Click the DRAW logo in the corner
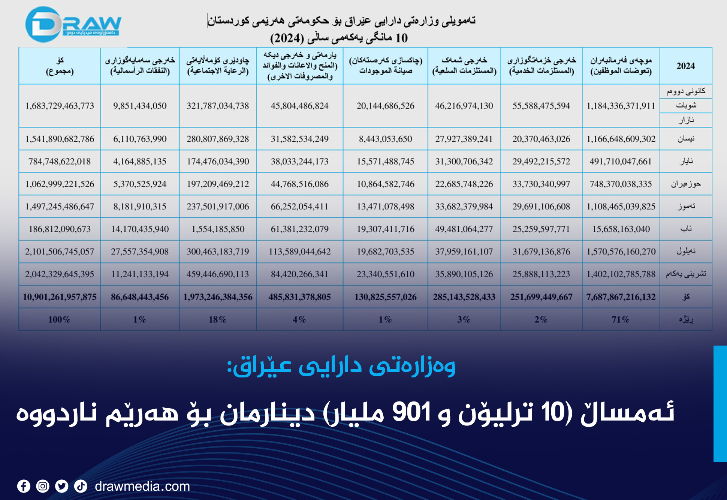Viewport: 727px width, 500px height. click(73, 25)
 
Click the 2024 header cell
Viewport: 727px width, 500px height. click(685, 66)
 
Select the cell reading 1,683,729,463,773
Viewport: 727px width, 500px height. click(60, 106)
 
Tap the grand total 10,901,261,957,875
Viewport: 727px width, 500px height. click(60, 297)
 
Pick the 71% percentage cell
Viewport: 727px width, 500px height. click(620, 320)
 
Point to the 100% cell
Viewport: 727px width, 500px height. click(59, 320)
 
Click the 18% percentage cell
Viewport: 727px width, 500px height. click(217, 320)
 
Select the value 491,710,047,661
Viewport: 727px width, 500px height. click(620, 162)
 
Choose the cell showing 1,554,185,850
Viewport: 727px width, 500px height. click(218, 229)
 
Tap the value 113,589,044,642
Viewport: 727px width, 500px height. click(299, 251)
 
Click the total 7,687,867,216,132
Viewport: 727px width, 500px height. click(621, 297)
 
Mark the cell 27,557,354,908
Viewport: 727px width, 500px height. click(139, 251)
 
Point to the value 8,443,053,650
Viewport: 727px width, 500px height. click(385, 139)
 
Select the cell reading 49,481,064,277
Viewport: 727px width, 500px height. click(464, 229)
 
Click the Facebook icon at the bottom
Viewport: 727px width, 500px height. click(24, 487)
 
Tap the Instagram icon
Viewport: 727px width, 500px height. click(43, 487)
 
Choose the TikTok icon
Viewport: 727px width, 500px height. click(81, 487)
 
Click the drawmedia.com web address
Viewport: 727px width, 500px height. click(142, 487)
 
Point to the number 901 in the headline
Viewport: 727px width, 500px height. click(411, 412)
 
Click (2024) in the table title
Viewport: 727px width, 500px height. click(287, 38)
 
